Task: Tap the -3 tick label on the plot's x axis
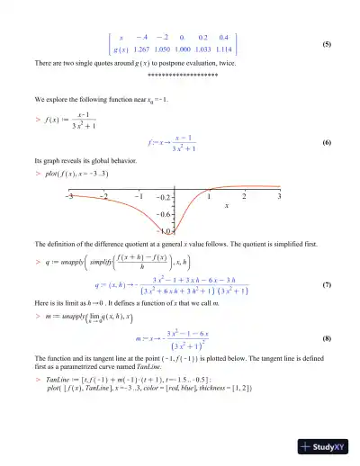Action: coord(68,195)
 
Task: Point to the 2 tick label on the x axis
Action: coord(244,195)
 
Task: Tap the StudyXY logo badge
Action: coord(328,447)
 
